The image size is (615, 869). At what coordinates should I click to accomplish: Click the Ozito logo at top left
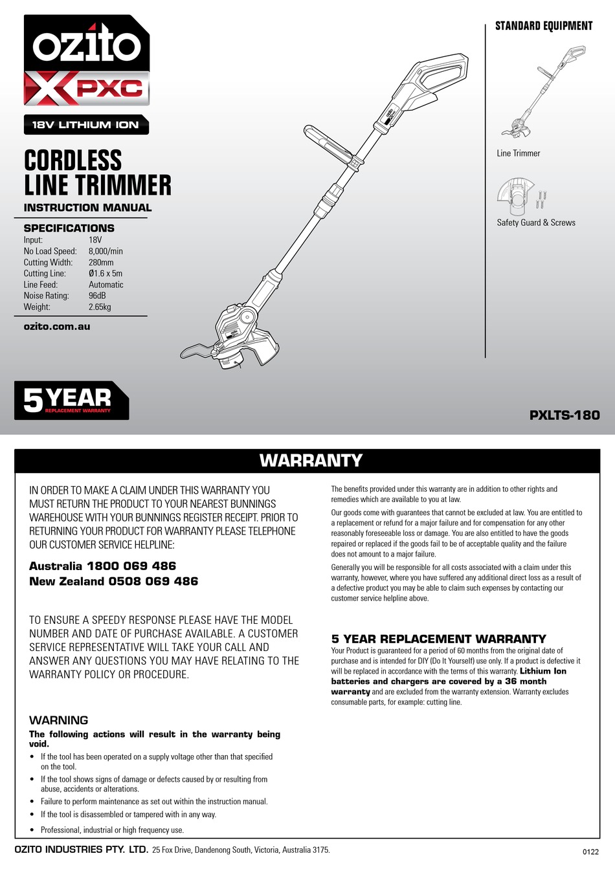[x=86, y=45]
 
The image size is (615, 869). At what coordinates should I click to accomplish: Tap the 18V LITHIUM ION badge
[x=86, y=125]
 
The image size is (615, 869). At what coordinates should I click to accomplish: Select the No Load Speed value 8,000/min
[x=106, y=251]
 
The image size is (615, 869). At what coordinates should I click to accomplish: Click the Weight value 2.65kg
[x=100, y=307]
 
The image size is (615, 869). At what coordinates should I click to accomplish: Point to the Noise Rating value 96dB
[x=97, y=296]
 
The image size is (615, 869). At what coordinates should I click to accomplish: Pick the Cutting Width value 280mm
[x=101, y=262]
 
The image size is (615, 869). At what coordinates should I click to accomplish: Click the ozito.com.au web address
[x=57, y=327]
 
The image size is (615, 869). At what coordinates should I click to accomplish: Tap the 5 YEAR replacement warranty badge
[x=71, y=401]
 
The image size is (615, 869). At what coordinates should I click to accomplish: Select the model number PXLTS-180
[x=565, y=415]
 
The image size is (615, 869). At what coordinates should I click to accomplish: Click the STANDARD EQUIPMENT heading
[x=544, y=26]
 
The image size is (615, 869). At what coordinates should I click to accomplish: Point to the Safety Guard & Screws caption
[x=536, y=223]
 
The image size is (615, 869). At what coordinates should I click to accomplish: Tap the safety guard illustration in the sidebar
[x=516, y=195]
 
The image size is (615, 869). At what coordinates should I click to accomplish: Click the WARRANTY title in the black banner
[x=311, y=461]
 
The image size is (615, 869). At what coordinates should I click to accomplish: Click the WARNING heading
[x=59, y=720]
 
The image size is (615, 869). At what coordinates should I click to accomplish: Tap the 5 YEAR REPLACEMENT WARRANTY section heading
[x=439, y=639]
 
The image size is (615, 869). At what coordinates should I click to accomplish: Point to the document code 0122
[x=591, y=852]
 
